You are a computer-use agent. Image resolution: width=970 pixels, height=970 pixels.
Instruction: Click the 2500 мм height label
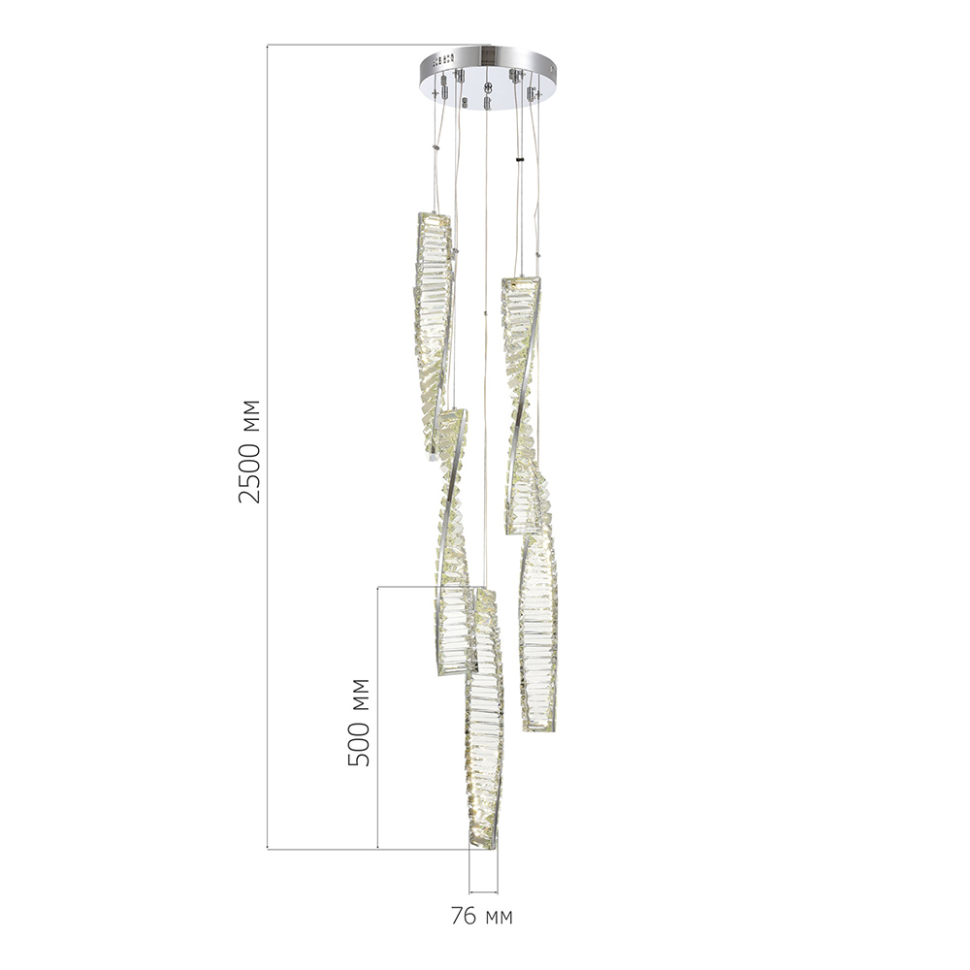pos(250,449)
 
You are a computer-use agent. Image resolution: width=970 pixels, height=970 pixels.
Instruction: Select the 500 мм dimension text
pos(360,721)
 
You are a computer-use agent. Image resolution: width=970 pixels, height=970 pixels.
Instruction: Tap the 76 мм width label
pos(482,916)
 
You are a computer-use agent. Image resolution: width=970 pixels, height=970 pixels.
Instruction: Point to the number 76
pos(465,916)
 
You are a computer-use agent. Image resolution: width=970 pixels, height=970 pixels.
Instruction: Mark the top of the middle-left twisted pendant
pos(448,415)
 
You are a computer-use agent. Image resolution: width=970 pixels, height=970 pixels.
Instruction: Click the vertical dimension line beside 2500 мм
pos(268,446)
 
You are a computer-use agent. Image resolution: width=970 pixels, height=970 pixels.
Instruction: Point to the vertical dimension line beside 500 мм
pos(377,718)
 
